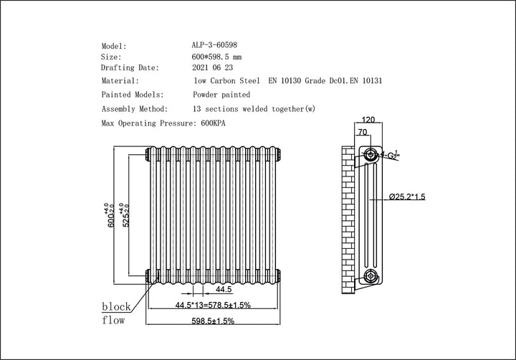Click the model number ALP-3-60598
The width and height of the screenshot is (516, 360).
[216, 44]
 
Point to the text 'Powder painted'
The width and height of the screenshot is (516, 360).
[221, 95]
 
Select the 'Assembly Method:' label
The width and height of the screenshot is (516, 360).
[135, 109]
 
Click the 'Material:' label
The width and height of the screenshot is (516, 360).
[120, 81]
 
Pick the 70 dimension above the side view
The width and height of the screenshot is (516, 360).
[363, 133]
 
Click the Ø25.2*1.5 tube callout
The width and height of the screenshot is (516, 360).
[407, 196]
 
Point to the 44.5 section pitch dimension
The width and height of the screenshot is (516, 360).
[224, 290]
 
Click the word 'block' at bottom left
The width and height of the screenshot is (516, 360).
[116, 306]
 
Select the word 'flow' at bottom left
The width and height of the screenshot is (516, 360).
[114, 320]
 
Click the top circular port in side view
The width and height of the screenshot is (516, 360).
[370, 154]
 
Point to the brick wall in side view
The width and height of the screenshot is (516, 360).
[348, 215]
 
